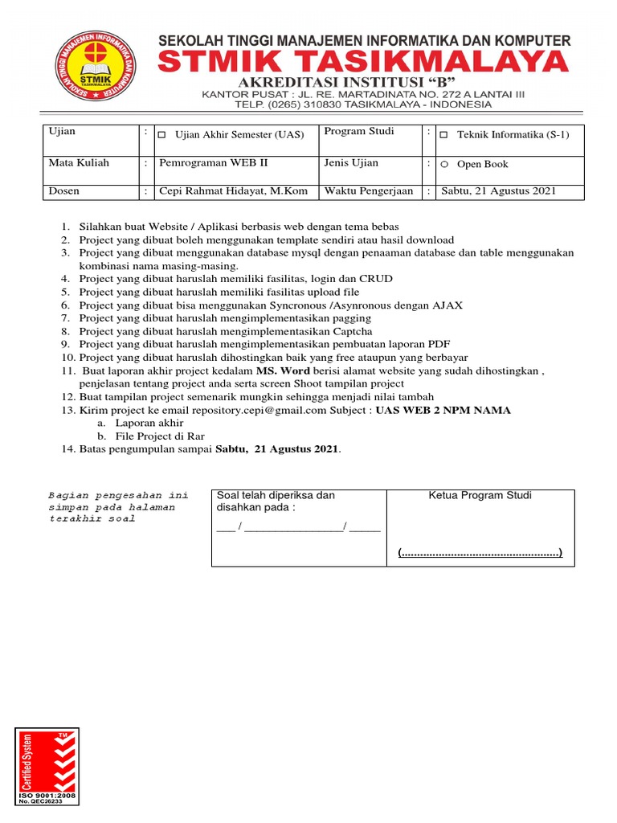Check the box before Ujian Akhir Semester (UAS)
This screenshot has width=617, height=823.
tap(161, 135)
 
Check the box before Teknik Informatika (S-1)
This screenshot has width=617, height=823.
tap(443, 135)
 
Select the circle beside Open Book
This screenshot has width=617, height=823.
tap(443, 165)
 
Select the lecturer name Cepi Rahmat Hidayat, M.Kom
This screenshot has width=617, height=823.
tap(233, 192)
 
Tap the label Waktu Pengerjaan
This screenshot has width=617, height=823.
tap(368, 191)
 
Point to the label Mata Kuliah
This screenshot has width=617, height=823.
tap(79, 163)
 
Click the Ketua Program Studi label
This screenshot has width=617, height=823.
tap(480, 495)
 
